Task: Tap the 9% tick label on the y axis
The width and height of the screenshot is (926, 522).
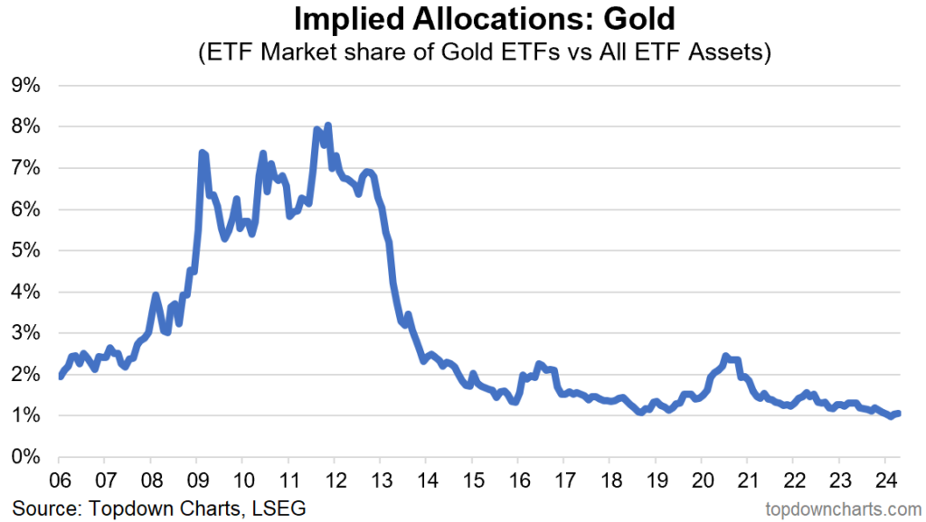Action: [25, 86]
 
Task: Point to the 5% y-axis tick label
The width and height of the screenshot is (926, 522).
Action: [25, 251]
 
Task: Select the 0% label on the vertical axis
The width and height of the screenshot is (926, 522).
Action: [25, 457]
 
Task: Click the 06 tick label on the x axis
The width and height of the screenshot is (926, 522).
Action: [59, 479]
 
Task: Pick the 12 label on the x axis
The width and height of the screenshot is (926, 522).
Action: [334, 479]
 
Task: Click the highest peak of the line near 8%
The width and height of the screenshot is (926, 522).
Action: [327, 126]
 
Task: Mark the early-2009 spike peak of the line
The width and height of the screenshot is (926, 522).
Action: [202, 154]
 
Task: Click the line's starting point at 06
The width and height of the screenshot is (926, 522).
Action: [60, 376]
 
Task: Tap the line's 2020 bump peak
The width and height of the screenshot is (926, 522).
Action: [725, 357]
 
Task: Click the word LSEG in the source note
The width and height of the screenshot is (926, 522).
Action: [281, 508]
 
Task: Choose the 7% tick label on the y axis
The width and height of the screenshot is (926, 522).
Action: [25, 169]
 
